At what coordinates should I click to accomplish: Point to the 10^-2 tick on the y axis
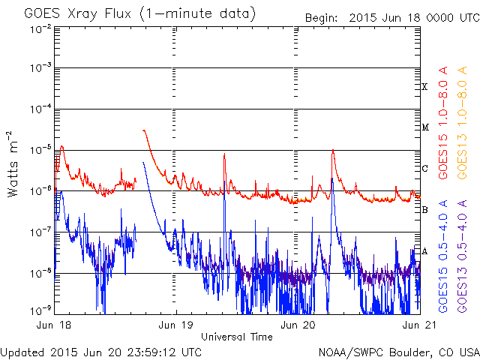coord(40,28)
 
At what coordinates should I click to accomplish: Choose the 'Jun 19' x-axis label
coord(176,326)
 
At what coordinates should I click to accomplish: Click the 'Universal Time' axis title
coord(236,337)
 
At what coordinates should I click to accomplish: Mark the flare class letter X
coord(424,87)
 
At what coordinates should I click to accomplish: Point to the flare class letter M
coord(424,127)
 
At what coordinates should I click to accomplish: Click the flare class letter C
coord(424,169)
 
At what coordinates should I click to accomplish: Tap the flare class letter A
coord(424,250)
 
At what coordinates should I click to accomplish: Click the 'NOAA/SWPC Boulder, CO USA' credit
coord(398,351)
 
